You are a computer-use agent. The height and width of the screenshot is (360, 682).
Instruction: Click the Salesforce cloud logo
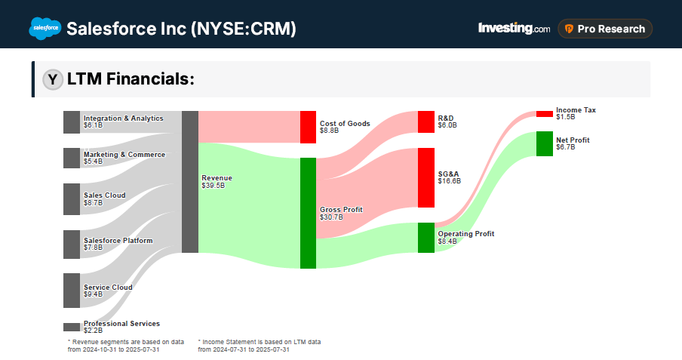click(x=45, y=29)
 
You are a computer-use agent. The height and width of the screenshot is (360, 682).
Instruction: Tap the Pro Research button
click(x=605, y=29)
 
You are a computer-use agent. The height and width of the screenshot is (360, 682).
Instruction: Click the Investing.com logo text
click(x=514, y=29)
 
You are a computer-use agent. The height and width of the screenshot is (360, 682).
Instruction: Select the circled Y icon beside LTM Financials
click(x=53, y=79)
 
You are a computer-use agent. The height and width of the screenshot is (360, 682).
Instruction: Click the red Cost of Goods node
click(x=308, y=127)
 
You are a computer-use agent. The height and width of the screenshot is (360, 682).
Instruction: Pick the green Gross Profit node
click(x=308, y=213)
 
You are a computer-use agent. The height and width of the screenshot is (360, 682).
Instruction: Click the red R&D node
click(x=426, y=122)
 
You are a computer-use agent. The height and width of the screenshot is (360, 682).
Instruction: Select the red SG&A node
click(x=426, y=177)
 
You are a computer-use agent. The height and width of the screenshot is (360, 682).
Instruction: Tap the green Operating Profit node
click(x=426, y=238)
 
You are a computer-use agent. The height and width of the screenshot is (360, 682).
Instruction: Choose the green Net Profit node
click(x=545, y=143)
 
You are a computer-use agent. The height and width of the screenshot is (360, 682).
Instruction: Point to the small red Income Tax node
click(x=545, y=114)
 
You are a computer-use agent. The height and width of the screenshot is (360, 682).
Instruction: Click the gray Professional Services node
click(x=72, y=327)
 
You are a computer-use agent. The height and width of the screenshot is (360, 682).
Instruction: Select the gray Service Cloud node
click(x=72, y=291)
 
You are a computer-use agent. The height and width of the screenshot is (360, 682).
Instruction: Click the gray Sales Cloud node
click(x=72, y=198)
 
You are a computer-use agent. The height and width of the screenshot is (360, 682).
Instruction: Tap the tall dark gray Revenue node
click(x=190, y=182)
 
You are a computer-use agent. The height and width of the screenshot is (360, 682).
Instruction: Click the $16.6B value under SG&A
click(x=449, y=181)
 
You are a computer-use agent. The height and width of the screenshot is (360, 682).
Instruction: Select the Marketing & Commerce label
click(x=124, y=155)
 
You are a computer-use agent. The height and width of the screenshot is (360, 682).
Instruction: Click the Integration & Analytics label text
click(x=123, y=118)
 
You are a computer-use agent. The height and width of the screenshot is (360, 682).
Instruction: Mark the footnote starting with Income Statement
click(x=259, y=346)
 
